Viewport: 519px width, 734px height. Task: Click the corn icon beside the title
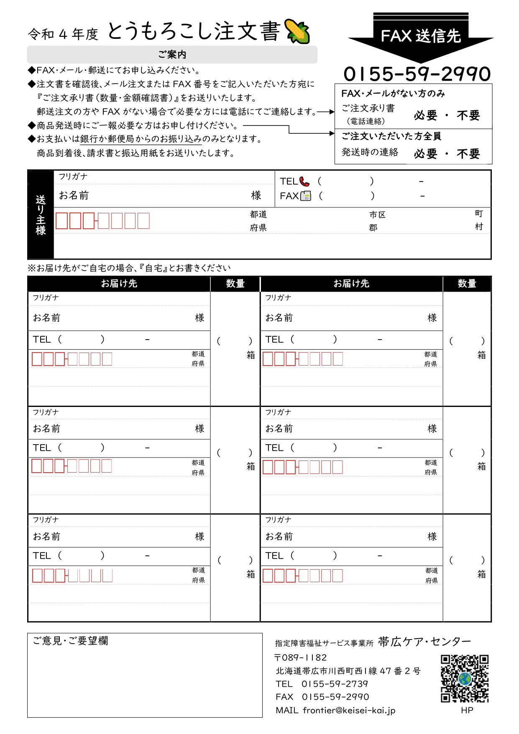tap(297, 31)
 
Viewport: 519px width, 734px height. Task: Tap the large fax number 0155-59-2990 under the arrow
tap(417, 74)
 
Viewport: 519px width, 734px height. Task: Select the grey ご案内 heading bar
tap(172, 55)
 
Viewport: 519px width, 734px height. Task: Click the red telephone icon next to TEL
tap(304, 182)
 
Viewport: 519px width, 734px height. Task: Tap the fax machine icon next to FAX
tap(306, 196)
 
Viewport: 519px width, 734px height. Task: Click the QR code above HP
tap(465, 678)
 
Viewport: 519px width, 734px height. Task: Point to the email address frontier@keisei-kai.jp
tap(349, 710)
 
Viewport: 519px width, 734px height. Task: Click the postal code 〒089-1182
tap(300, 657)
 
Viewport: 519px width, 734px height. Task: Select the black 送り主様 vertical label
tap(41, 215)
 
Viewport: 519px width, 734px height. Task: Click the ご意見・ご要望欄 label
tap(71, 641)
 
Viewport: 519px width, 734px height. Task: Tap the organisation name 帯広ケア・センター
tap(424, 642)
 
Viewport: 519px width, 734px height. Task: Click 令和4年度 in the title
tap(63, 34)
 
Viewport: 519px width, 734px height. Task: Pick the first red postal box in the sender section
tap(61, 221)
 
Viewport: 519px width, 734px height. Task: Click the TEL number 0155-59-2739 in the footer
tap(335, 684)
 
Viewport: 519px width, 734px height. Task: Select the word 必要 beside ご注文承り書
tap(426, 115)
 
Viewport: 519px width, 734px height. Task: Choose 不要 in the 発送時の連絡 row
tap(468, 154)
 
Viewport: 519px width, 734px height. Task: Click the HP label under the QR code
tap(467, 710)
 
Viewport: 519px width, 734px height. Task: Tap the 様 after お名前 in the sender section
tap(256, 195)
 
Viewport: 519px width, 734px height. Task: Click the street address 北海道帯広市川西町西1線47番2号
tap(348, 671)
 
